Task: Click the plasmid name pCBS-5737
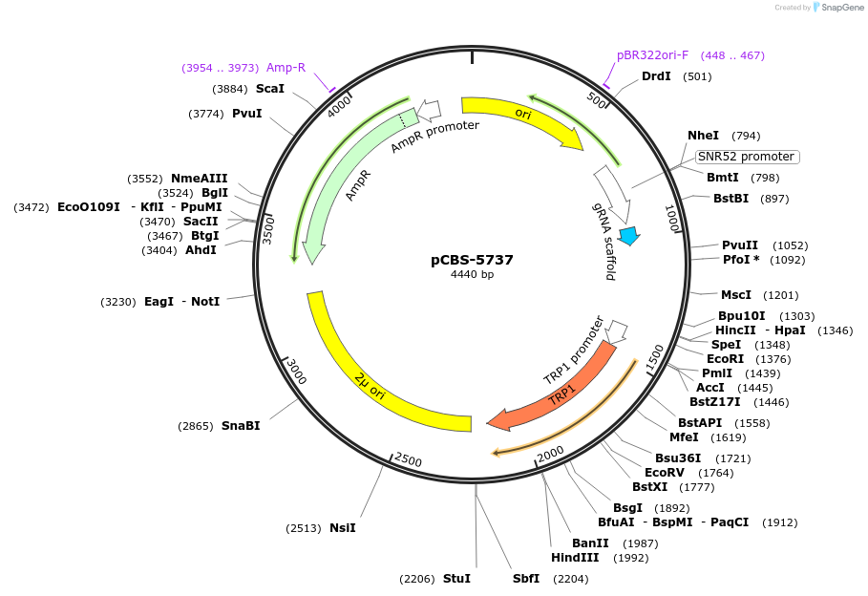click(472, 259)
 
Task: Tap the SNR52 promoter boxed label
click(746, 157)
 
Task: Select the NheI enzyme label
click(703, 136)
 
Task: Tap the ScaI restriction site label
click(270, 89)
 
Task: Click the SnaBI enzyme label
click(241, 426)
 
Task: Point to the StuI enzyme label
click(456, 579)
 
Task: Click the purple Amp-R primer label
click(286, 68)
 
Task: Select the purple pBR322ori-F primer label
click(654, 55)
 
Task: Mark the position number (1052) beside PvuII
click(790, 245)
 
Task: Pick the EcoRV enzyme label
click(664, 473)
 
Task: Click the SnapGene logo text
click(837, 8)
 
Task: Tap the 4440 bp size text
click(472, 275)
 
